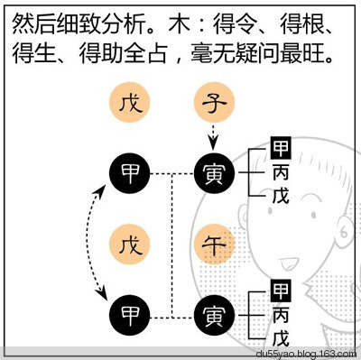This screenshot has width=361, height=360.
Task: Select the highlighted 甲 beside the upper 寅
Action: [281, 149]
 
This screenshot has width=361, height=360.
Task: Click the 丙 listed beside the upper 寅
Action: [281, 171]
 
